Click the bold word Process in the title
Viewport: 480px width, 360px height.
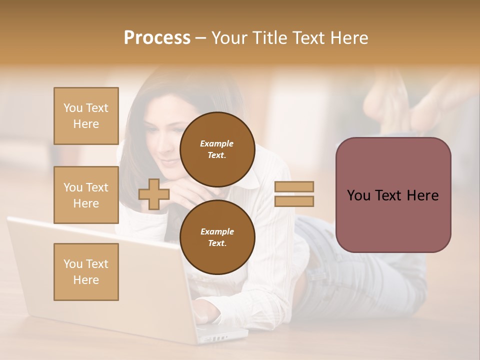tap(157, 38)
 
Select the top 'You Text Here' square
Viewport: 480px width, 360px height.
tap(86, 116)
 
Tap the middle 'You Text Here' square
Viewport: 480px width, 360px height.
tap(86, 195)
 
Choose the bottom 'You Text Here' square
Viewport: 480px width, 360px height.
tap(86, 272)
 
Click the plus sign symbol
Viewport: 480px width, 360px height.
tap(154, 194)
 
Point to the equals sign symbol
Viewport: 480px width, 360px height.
tap(294, 194)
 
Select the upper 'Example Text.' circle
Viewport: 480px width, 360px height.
tap(217, 149)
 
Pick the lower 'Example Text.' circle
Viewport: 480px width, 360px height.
tap(217, 237)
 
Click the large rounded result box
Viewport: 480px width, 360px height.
tap(393, 195)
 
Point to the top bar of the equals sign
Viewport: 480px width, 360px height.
tap(294, 187)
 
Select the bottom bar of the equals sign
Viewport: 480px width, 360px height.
tap(294, 201)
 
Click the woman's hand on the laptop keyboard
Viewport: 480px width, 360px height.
tap(207, 312)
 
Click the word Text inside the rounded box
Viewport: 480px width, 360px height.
tap(392, 195)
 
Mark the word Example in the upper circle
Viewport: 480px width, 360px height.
tap(217, 143)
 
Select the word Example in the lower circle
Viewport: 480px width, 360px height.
tap(217, 231)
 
